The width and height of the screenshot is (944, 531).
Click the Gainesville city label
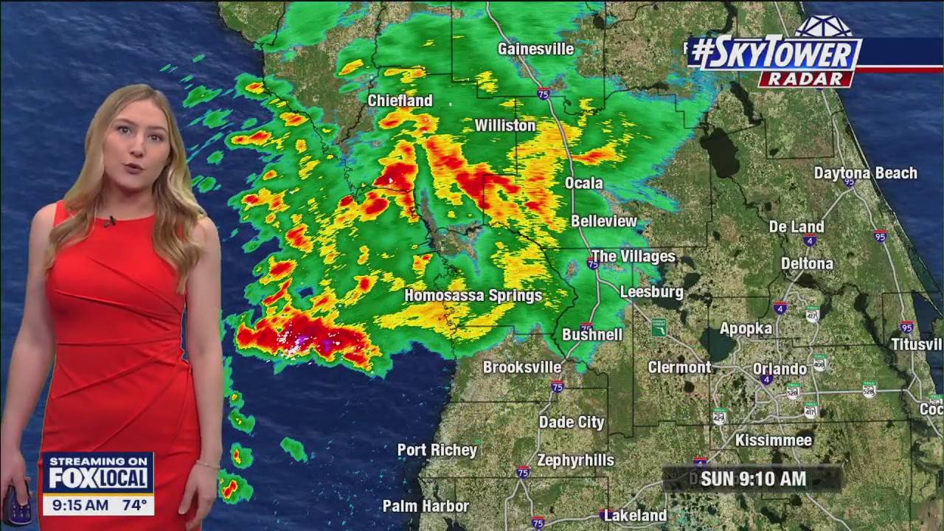coord(535,49)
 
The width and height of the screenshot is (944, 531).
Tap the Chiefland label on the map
coord(400,100)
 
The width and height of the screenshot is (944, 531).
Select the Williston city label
coord(505,125)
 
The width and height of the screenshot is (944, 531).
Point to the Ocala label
coord(583,183)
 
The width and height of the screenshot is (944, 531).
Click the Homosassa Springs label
coord(473,296)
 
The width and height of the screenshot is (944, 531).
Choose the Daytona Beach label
coord(865,173)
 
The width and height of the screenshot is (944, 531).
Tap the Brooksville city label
coord(522,367)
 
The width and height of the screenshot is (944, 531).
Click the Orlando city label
coord(780,369)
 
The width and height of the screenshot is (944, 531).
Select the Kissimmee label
coord(774,440)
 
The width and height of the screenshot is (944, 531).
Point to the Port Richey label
coord(437,450)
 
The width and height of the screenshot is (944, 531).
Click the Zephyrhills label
coord(575,460)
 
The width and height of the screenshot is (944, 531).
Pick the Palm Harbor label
coord(426,506)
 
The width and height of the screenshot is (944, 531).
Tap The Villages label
coord(634,257)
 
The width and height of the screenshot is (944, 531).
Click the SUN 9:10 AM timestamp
coord(753,479)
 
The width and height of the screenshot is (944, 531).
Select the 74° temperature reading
coord(134,505)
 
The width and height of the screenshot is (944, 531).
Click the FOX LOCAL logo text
coord(97,478)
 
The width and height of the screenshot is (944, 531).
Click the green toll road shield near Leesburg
coord(659,327)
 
